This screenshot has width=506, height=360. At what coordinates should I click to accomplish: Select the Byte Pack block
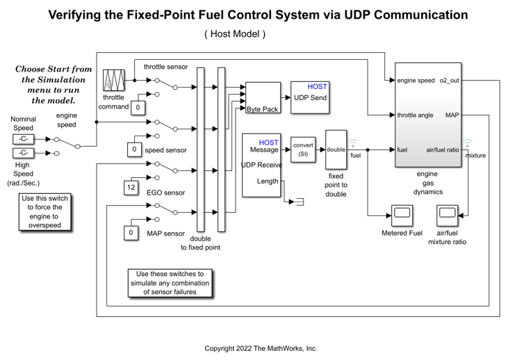click(262, 98)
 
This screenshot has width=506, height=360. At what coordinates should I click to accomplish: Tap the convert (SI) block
click(303, 149)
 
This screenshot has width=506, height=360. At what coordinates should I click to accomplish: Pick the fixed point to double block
click(336, 149)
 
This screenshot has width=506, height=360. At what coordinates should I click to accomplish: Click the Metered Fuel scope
click(401, 216)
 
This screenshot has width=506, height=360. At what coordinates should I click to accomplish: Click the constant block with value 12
click(130, 188)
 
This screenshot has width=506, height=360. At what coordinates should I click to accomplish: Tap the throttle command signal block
click(113, 81)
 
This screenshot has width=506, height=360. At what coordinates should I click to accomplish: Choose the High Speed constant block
click(23, 153)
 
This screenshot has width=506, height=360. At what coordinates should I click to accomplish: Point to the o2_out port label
click(449, 81)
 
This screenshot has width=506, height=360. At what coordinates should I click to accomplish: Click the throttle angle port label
click(416, 115)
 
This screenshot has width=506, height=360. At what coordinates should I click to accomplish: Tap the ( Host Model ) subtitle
click(235, 34)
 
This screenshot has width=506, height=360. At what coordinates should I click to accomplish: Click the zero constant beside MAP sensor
click(130, 233)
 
